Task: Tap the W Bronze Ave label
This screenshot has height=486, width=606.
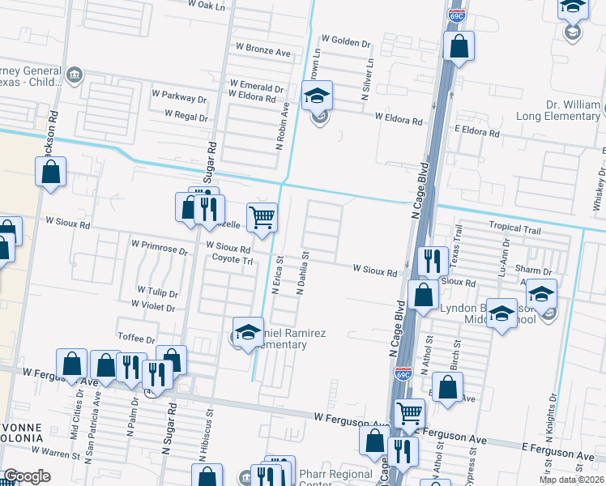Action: pyautogui.click(x=257, y=52)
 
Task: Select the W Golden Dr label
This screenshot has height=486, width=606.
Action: pyautogui.click(x=346, y=39)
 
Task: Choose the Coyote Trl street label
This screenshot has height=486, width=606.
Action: pyautogui.click(x=233, y=260)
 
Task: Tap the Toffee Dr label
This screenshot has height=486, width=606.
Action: pyautogui.click(x=136, y=339)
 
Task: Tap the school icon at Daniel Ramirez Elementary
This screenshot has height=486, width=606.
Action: pyautogui.click(x=249, y=332)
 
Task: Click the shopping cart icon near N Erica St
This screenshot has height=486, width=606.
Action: pyautogui.click(x=262, y=218)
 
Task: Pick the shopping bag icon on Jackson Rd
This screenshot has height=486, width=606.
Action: pyautogui.click(x=51, y=172)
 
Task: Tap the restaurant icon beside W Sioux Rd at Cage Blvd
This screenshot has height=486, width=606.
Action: pyautogui.click(x=433, y=261)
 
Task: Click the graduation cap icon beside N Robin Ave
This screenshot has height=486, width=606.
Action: pyautogui.click(x=318, y=96)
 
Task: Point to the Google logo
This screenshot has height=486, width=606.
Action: pyautogui.click(x=28, y=476)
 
